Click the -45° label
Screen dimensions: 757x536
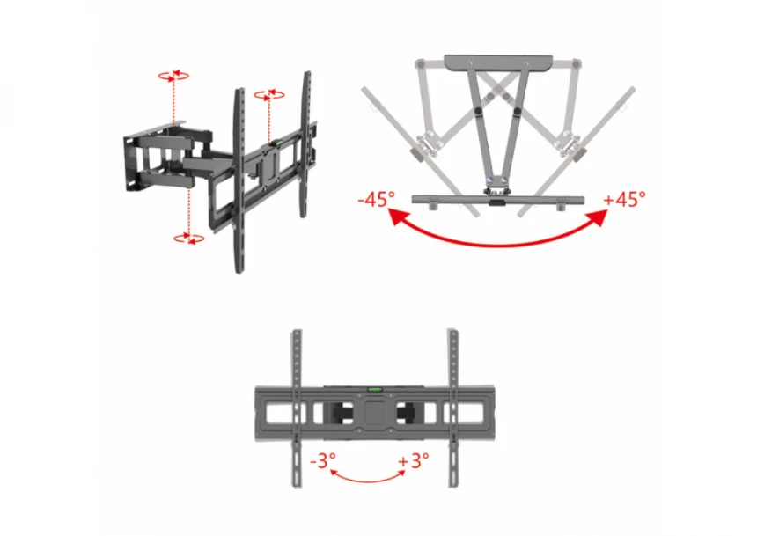coord(377,198)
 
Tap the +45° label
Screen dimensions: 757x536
coord(625,198)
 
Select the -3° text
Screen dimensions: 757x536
coord(323,460)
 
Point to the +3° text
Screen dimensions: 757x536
coord(413,460)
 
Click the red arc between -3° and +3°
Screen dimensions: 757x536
coord(368,480)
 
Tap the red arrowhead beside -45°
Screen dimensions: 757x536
coord(397,216)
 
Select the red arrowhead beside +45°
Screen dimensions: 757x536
coord(598,217)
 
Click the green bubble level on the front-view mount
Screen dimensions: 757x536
coord(375,389)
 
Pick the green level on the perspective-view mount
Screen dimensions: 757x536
coord(278,143)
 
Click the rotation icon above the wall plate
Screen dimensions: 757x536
coord(173,76)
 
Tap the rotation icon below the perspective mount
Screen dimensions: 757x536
coord(188,238)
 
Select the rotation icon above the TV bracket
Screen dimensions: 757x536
coord(268,95)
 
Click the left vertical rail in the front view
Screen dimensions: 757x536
coord(297,408)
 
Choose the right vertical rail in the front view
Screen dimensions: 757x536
coord(452,408)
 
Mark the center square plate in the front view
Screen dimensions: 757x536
coord(375,414)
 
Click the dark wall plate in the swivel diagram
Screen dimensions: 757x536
coord(498,62)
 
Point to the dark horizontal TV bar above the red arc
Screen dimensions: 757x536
coord(498,200)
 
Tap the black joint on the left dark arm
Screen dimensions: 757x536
coord(478,112)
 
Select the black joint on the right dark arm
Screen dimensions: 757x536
coord(518,112)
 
